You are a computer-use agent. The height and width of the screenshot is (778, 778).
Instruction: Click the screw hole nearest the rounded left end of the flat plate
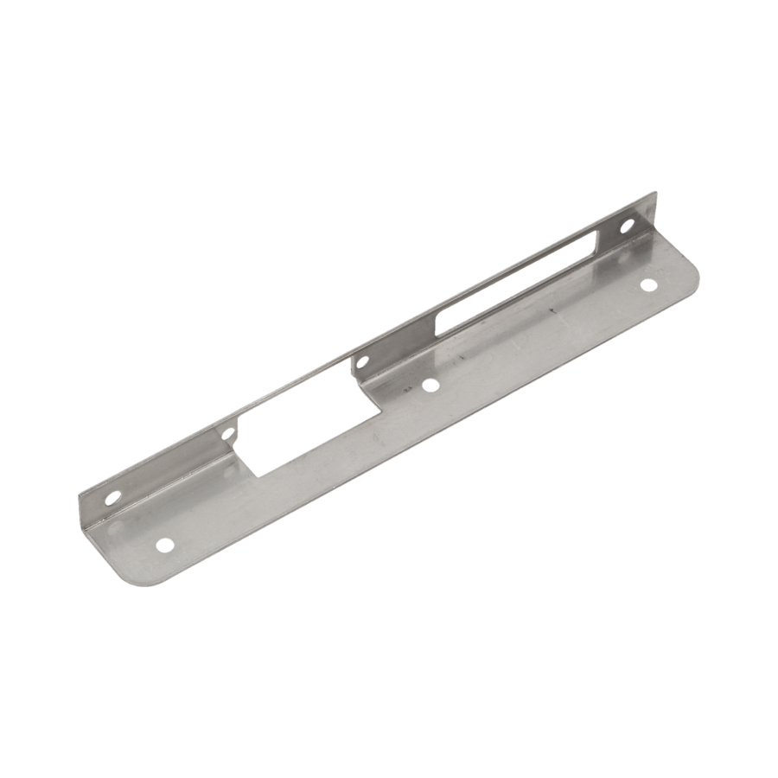click(x=163, y=545)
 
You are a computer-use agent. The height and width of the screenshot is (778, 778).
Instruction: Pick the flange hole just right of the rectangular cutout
click(x=362, y=360)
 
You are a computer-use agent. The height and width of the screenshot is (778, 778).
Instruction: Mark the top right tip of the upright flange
click(x=654, y=194)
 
